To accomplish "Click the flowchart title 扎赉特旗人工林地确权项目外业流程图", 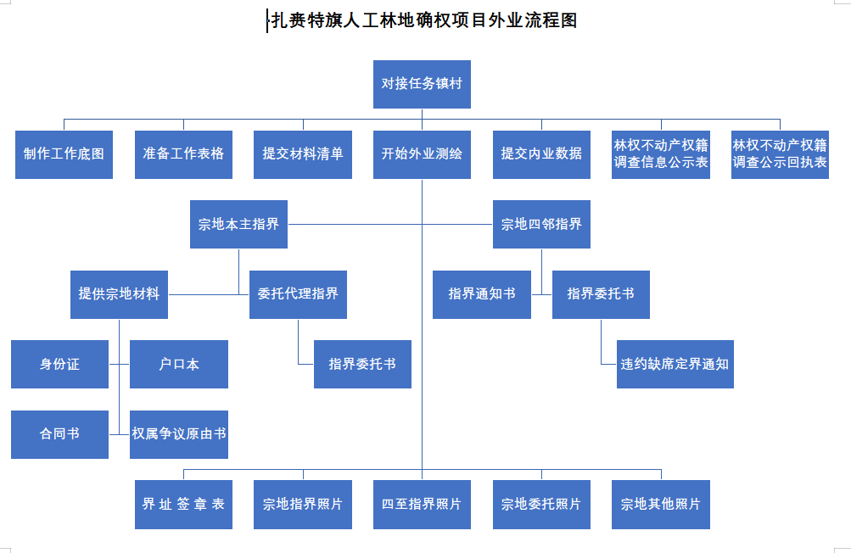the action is [x=424, y=20].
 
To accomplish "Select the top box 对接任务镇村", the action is [x=422, y=84].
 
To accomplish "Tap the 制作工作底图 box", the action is [x=64, y=154].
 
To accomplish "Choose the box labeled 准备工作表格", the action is [x=183, y=154].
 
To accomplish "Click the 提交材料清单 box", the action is [x=303, y=154].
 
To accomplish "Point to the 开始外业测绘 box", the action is [x=422, y=154].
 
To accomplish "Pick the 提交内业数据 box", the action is [x=541, y=154].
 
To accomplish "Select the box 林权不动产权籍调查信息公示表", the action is [x=661, y=154].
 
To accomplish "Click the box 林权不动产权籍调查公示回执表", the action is [x=780, y=154].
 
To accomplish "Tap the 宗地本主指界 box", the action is [x=238, y=224].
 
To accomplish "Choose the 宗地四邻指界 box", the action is [x=541, y=224].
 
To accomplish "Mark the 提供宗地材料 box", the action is [x=120, y=294].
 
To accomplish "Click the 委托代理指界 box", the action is [x=298, y=294].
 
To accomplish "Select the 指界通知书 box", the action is [x=482, y=294].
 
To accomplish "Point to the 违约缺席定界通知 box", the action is [x=675, y=364].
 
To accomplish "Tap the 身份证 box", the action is [x=59, y=364].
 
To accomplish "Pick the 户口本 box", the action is [x=179, y=364].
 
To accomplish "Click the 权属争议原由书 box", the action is [x=179, y=435].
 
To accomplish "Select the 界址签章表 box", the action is [x=183, y=504].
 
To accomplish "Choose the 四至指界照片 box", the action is [x=422, y=504].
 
